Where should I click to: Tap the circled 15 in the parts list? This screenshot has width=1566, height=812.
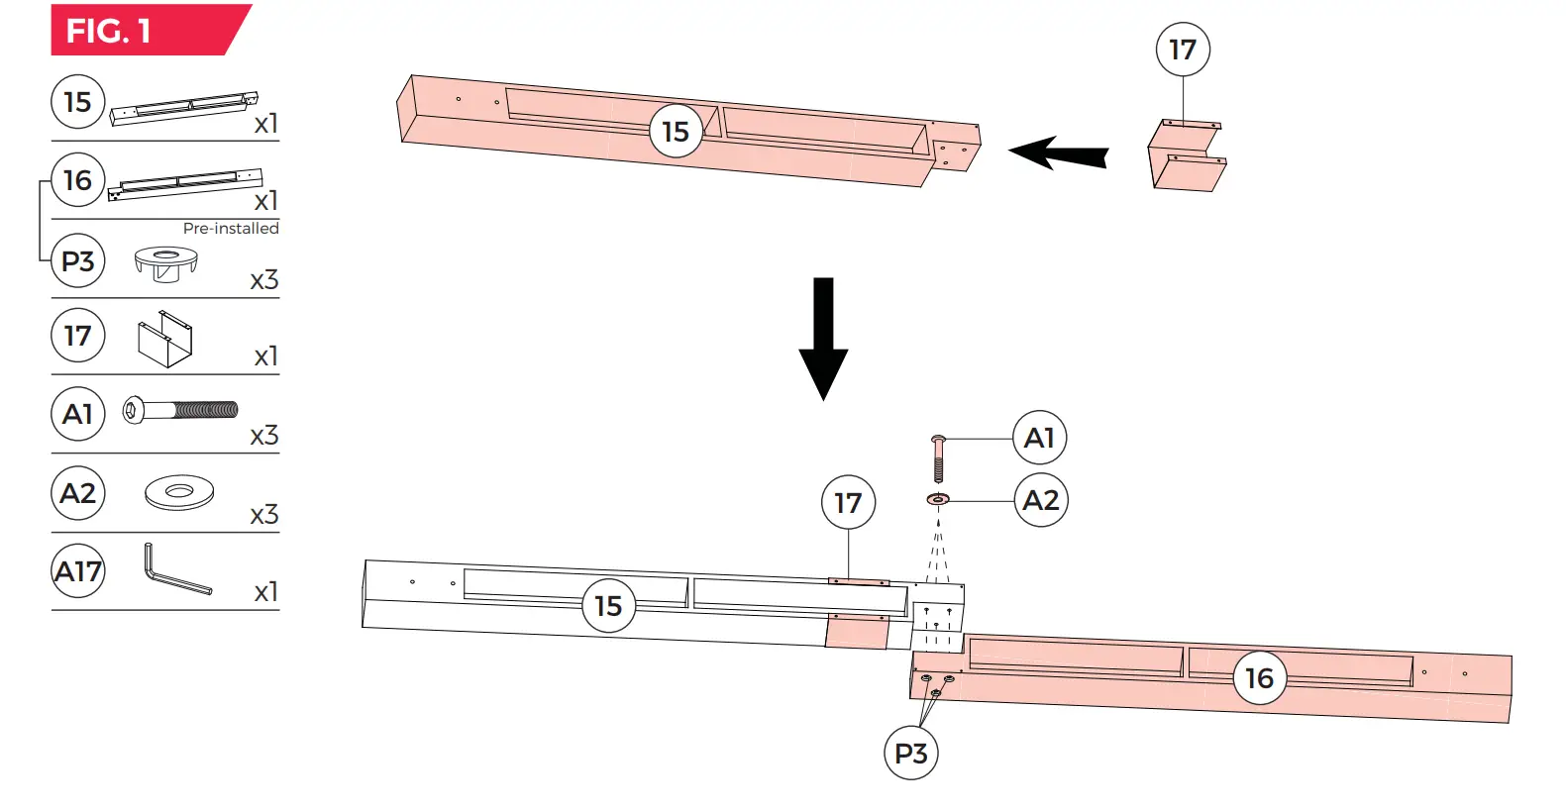tap(77, 102)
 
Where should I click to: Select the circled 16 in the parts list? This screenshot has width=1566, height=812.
tap(77, 180)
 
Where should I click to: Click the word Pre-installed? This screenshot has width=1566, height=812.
tap(231, 228)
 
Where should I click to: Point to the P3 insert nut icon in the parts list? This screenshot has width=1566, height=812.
tap(165, 263)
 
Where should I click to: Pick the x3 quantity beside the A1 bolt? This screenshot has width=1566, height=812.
tap(263, 436)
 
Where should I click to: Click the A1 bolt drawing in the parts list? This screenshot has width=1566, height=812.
tap(180, 410)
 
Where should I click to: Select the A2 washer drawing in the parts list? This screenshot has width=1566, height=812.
tap(179, 491)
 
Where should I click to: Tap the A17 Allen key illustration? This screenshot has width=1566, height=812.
tap(175, 569)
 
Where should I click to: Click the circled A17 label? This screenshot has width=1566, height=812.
tap(77, 571)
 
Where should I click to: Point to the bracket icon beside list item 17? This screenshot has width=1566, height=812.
tap(164, 340)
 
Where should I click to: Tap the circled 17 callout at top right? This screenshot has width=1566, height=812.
tap(1183, 50)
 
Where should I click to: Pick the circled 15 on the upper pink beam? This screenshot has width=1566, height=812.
tap(676, 132)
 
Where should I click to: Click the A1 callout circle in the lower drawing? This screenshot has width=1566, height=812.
tap(1039, 438)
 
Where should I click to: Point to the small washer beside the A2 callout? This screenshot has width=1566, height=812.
tap(938, 499)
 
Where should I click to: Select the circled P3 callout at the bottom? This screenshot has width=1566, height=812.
tap(910, 754)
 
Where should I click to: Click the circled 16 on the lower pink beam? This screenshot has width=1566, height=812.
tap(1259, 678)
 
